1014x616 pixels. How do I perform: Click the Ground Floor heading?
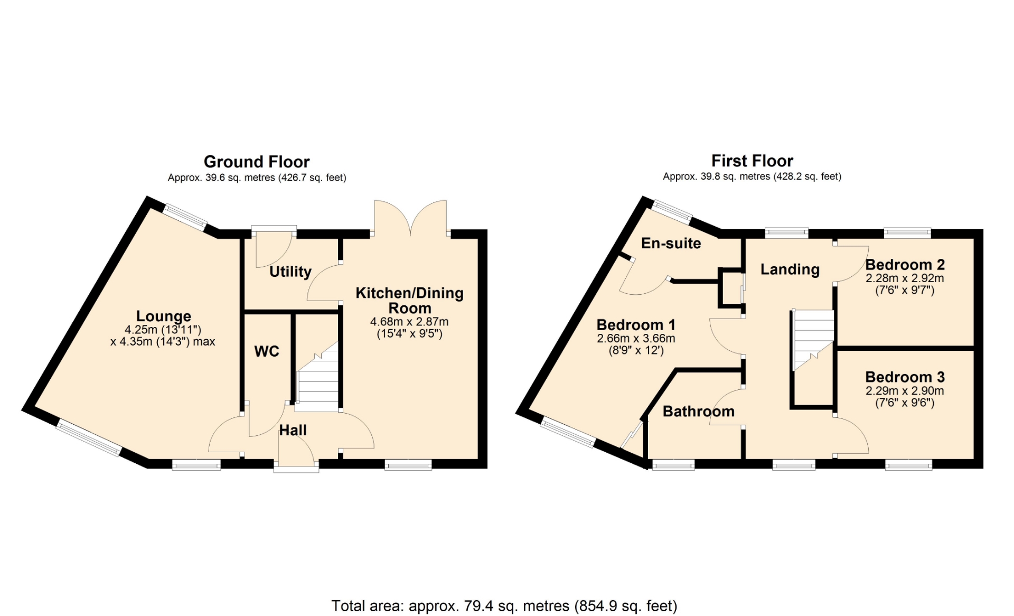pyautogui.click(x=257, y=162)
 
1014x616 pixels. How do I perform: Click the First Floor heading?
pyautogui.click(x=752, y=161)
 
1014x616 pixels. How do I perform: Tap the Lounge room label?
pyautogui.click(x=164, y=316)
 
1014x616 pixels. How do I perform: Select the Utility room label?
pyautogui.click(x=290, y=272)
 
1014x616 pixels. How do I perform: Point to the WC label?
pyautogui.click(x=267, y=351)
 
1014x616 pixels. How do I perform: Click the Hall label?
pyautogui.click(x=293, y=430)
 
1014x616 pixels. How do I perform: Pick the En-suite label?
pyautogui.click(x=671, y=243)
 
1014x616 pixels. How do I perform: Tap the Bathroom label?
pyautogui.click(x=699, y=411)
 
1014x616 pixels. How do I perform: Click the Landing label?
pyautogui.click(x=790, y=269)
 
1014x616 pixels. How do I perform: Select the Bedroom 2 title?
pyautogui.click(x=905, y=265)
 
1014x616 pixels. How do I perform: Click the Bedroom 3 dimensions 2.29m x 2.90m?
pyautogui.click(x=905, y=391)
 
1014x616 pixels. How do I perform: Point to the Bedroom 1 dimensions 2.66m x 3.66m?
pyautogui.click(x=636, y=338)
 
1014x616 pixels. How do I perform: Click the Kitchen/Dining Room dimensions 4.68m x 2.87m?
pyautogui.click(x=409, y=321)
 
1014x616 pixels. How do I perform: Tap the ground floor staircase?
pyautogui.click(x=317, y=377)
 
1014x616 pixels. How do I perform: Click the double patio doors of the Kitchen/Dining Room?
pyautogui.click(x=410, y=218)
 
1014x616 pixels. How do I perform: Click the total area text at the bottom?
pyautogui.click(x=504, y=605)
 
